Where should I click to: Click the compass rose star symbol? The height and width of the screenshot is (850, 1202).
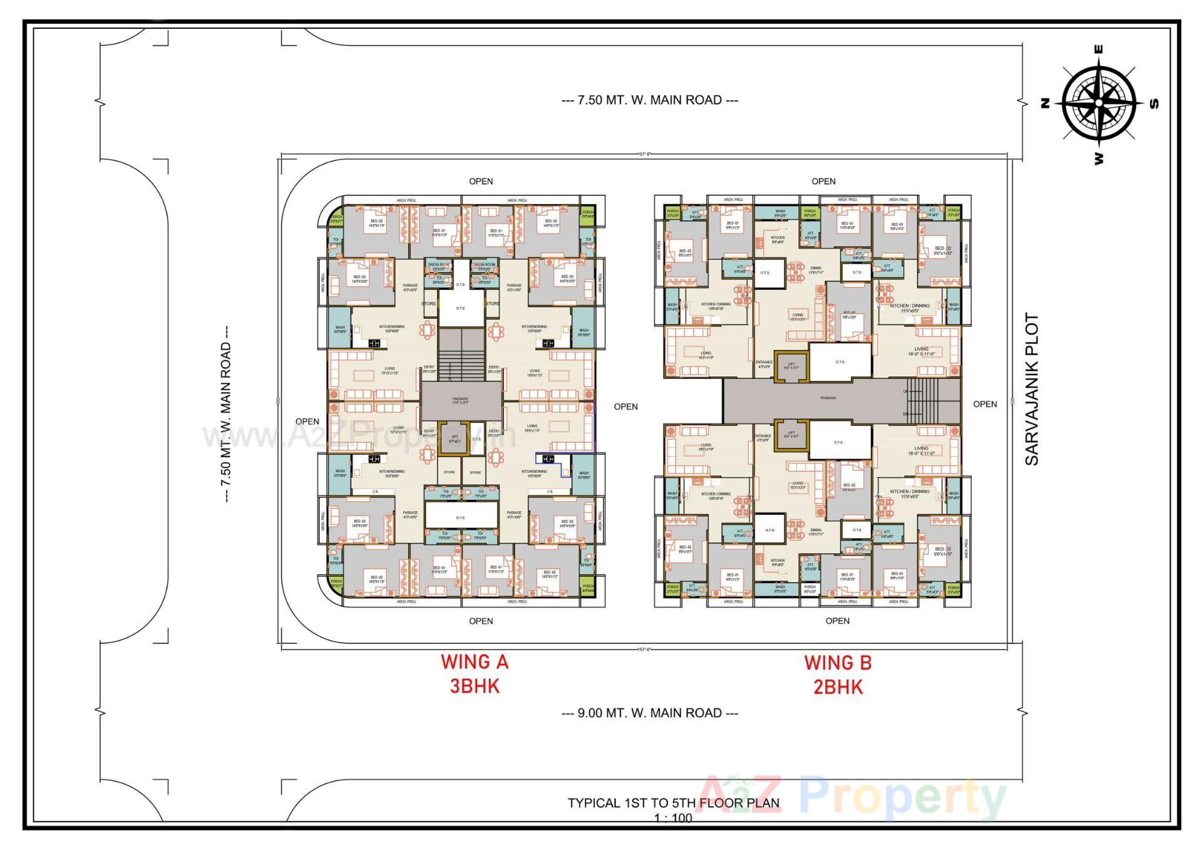1099,103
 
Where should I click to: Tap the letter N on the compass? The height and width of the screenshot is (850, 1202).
1045,104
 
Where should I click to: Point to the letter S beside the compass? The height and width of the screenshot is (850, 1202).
1154,104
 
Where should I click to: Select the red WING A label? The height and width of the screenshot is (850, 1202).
475,662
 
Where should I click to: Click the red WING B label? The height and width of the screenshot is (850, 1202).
838,663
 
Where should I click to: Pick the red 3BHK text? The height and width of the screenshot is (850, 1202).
475,687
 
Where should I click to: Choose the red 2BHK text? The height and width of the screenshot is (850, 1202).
838,687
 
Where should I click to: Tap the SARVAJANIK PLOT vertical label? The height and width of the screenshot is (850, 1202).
1031,389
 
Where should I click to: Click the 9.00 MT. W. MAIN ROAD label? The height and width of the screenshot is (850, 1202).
650,713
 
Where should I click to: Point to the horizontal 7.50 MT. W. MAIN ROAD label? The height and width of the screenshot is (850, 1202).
650,100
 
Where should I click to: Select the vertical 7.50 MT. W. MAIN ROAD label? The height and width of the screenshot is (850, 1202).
226,414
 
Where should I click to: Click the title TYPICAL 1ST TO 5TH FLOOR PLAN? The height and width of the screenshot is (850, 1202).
674,803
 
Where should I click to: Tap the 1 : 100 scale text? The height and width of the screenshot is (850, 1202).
673,818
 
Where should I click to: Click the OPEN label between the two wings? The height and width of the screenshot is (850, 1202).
625,407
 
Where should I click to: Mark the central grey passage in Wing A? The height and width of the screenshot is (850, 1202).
461,401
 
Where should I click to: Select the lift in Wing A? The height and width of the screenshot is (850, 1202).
455,438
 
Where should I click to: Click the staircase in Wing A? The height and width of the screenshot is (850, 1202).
461,355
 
